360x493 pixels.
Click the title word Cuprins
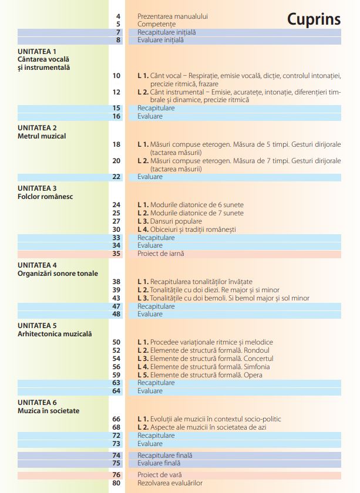[x=314, y=19]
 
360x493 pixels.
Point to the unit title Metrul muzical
[x=42, y=136]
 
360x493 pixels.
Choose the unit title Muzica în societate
[x=48, y=411]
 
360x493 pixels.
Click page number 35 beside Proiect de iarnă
[x=116, y=254]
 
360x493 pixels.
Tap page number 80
[x=116, y=483]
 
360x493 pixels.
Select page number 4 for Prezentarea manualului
[x=118, y=16]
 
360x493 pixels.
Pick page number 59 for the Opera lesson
[x=116, y=374]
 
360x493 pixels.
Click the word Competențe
[x=156, y=24]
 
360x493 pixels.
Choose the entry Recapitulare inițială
[x=167, y=32]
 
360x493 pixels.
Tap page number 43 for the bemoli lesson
[x=116, y=298]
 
